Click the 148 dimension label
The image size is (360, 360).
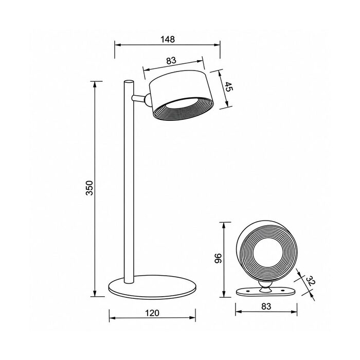click(168, 39)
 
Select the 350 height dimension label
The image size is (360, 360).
click(89, 188)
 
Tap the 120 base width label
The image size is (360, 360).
click(152, 313)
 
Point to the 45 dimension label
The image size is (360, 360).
click(228, 86)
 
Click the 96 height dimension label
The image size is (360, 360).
click(218, 258)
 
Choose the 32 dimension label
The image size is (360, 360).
click(310, 281)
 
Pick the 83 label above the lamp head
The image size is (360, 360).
click(171, 60)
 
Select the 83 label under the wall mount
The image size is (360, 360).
click(266, 307)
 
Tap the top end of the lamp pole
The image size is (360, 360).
click(129, 81)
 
